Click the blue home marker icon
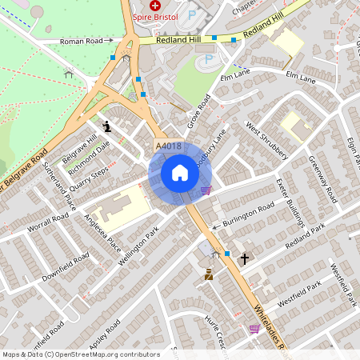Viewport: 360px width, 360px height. click(180, 173)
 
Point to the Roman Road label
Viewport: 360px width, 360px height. click(82, 40)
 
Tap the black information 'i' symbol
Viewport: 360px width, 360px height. click(108, 126)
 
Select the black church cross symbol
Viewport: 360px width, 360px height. click(244, 259)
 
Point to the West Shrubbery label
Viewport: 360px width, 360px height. click(266, 141)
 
